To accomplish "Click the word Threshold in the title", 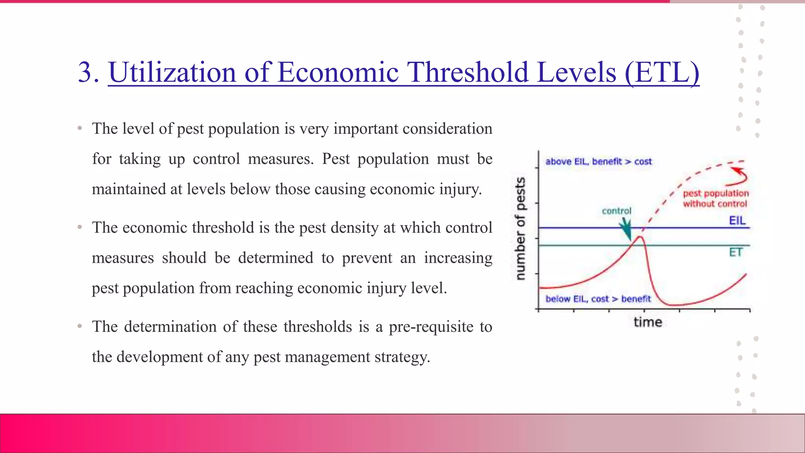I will tap(467, 72).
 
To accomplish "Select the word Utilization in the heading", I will tap(172, 72).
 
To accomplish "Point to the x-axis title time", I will tap(648, 322).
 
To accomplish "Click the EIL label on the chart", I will tap(737, 220).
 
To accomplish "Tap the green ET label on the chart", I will tap(735, 252).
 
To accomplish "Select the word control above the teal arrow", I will tap(616, 211).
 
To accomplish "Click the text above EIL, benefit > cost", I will tap(598, 161).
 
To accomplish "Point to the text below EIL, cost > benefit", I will tap(598, 299).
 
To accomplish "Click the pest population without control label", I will tap(715, 199).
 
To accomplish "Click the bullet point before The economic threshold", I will tap(80, 227).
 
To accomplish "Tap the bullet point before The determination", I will tap(80, 326).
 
